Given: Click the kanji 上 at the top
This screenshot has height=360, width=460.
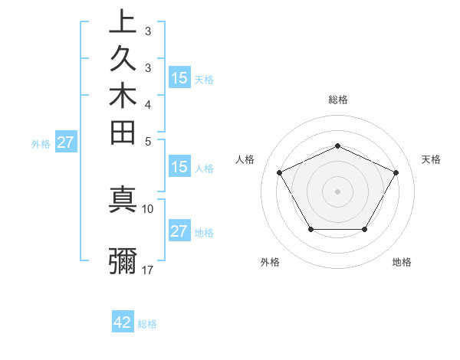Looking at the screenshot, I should (123, 22).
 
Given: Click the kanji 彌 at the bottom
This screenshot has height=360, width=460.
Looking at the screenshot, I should (123, 261).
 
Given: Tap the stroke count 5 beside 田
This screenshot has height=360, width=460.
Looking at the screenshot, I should (147, 141).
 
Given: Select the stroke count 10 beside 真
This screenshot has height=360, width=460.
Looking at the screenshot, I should (148, 208).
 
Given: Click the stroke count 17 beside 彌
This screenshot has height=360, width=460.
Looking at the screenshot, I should (148, 270).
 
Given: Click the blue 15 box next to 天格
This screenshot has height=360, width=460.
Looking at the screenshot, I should (179, 77).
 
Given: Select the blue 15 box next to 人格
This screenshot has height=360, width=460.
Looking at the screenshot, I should (179, 167).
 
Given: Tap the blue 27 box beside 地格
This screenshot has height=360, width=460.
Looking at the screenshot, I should (179, 231).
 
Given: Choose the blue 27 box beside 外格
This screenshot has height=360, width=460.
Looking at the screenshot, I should (66, 142).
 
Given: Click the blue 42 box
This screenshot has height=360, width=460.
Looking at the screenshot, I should (123, 322).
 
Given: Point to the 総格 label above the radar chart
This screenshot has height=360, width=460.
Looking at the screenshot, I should (337, 100).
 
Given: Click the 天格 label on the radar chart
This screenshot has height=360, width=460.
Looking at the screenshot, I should (431, 159).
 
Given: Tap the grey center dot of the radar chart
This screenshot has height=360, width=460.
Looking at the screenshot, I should (337, 191).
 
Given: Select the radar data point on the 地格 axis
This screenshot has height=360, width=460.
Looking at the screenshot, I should (364, 229).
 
